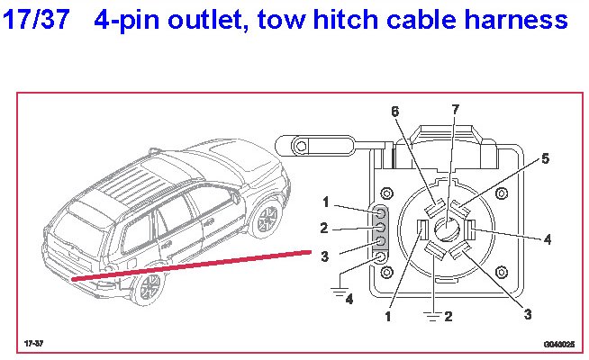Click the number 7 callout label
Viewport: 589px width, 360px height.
[456, 110]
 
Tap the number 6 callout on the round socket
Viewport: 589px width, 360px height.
[394, 112]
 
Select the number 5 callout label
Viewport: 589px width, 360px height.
[546, 158]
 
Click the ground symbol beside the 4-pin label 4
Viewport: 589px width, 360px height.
[340, 291]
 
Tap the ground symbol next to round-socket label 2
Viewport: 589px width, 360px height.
[433, 317]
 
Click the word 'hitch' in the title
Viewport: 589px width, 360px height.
[345, 20]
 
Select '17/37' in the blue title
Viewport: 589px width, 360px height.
[36, 20]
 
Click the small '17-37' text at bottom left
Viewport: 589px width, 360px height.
[34, 343]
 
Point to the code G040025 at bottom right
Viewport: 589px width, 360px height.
[559, 344]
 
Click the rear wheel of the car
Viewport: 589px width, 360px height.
[150, 286]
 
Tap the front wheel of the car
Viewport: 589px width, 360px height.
[267, 219]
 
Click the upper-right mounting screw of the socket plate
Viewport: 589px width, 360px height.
[502, 193]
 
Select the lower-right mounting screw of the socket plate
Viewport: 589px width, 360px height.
[502, 272]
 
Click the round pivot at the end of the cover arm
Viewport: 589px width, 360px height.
[301, 146]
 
